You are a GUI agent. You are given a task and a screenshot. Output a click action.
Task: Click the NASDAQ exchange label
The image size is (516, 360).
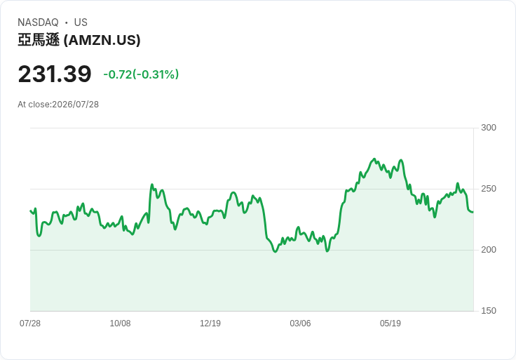point(38,22)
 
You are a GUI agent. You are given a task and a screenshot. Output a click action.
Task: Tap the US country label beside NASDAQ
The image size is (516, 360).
point(81,22)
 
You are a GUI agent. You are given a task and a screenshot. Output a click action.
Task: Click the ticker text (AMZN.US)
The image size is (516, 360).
point(102,40)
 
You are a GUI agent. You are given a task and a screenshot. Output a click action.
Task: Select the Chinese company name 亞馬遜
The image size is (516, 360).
point(39,40)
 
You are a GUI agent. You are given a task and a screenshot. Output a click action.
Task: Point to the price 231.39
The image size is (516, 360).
point(55,74)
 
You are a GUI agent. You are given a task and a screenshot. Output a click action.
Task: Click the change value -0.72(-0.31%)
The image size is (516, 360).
point(141,74)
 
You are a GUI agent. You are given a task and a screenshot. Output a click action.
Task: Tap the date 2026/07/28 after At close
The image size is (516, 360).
point(75,105)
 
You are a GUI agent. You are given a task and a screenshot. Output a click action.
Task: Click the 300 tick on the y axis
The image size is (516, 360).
point(489,128)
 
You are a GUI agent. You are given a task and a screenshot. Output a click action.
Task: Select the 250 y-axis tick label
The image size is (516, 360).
point(489,189)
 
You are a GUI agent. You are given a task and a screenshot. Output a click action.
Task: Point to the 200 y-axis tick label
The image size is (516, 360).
point(489,250)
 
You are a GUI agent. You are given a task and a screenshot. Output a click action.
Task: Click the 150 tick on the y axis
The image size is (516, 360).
point(489,311)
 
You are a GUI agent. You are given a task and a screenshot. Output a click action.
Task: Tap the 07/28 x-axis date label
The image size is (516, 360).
point(30,323)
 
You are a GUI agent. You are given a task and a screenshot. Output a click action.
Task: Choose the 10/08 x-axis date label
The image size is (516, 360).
point(120,323)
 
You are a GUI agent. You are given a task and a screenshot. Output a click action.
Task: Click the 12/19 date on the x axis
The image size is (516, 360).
point(210,323)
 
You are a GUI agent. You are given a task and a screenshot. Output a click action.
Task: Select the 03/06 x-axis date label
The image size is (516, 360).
point(300,323)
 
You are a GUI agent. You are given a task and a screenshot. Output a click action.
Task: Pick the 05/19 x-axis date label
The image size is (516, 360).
point(391,323)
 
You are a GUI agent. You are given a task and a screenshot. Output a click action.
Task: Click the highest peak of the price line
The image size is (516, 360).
point(374,159)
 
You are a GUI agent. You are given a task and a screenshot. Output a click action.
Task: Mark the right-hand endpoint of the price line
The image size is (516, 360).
point(473,212)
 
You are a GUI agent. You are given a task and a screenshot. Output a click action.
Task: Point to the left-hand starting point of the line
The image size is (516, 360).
point(30,211)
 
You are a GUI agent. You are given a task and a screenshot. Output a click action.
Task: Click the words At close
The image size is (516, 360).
point(34,105)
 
